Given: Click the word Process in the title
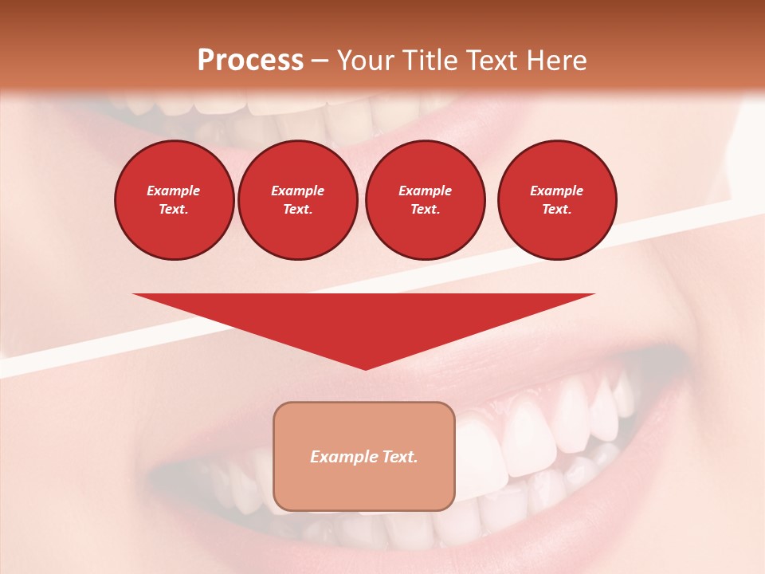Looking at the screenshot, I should (250, 61).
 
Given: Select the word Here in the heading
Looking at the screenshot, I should (558, 61).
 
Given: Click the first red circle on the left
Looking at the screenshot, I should (175, 200).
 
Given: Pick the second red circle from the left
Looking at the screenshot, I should (298, 200).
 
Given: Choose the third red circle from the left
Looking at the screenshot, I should (426, 200).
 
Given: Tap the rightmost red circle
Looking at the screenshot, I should (557, 200).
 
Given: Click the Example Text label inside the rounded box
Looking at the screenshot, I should (364, 457).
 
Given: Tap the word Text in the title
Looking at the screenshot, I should (492, 61).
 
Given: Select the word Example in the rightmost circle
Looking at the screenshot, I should (557, 191).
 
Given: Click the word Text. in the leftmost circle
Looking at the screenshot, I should (174, 210).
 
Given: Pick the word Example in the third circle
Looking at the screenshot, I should (426, 191).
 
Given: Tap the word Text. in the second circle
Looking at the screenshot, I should (298, 210).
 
